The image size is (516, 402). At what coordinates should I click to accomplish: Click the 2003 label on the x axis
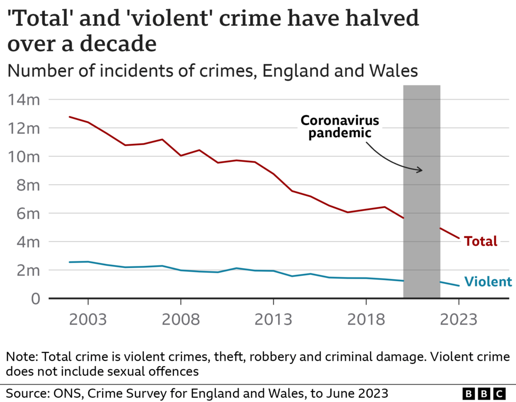tap(88, 319)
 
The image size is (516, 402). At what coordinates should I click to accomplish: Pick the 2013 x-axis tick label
tap(273, 319)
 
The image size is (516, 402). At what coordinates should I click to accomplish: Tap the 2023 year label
tap(458, 319)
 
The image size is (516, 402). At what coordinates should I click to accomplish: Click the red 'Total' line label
tap(481, 241)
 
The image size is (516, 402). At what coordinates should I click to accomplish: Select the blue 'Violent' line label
tap(487, 282)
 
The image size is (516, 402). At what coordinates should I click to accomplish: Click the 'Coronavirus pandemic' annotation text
tap(340, 127)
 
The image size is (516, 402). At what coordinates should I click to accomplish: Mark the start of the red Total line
tap(70, 117)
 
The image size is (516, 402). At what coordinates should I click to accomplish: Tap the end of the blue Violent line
tap(458, 285)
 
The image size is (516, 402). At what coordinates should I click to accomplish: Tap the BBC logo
tap(484, 394)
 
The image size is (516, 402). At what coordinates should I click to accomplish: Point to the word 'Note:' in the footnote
tap(22, 357)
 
